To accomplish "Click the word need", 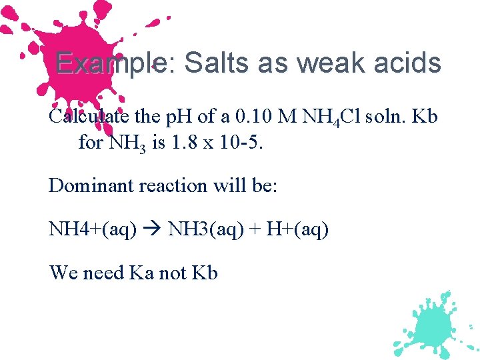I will pyautogui.click(x=103, y=273).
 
